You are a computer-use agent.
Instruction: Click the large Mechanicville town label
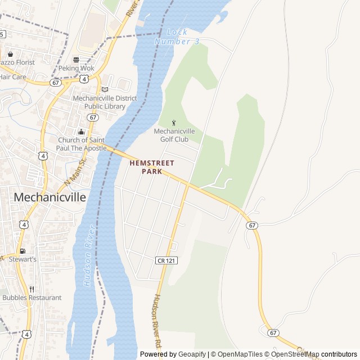pyautogui.click(x=49, y=197)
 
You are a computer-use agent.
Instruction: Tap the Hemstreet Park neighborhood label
pyautogui.click(x=152, y=166)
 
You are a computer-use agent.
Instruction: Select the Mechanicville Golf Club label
pyautogui.click(x=179, y=135)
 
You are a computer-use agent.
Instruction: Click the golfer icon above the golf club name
pyautogui.click(x=174, y=123)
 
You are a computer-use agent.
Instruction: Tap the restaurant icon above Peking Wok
pyautogui.click(x=76, y=59)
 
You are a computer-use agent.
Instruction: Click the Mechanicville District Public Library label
pyautogui.click(x=105, y=102)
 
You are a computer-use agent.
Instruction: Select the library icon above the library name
pyautogui.click(x=105, y=89)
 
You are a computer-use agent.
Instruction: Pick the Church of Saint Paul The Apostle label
pyautogui.click(x=82, y=144)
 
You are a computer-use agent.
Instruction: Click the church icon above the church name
pyautogui.click(x=80, y=132)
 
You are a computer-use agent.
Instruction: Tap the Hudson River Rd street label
pyautogui.click(x=157, y=321)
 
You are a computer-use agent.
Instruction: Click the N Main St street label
pyautogui.click(x=76, y=172)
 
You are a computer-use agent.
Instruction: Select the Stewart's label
pyautogui.click(x=22, y=259)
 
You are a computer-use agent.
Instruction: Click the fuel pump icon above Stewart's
pyautogui.click(x=22, y=251)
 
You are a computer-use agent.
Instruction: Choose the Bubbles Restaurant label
pyautogui.click(x=32, y=298)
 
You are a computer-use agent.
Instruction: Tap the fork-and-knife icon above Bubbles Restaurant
pyautogui.click(x=31, y=289)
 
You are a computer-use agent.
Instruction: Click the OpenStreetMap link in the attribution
pyautogui.click(x=295, y=354)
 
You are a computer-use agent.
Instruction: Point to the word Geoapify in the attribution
pyautogui.click(x=192, y=354)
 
